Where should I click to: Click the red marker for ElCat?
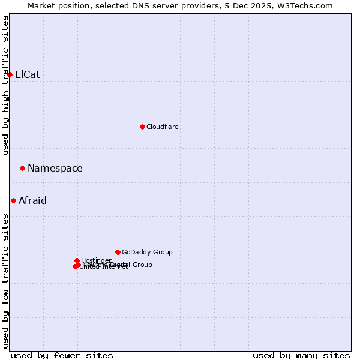tap(10, 74)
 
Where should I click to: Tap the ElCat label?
tap(28, 75)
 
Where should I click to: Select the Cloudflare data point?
tap(142, 127)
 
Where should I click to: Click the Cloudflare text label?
tap(163, 127)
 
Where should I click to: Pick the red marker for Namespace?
tap(22, 169)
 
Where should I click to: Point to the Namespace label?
tap(55, 169)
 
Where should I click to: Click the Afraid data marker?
tap(13, 200)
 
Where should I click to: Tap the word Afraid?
tap(32, 201)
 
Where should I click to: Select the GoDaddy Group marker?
tap(118, 252)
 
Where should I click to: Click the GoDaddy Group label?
tap(147, 253)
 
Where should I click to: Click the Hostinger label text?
tap(96, 260)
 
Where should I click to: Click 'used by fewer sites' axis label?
tap(62, 355)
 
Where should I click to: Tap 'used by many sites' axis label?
tap(301, 355)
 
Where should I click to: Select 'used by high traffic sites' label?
tap(5, 85)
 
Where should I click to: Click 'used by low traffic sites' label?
tap(5, 281)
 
